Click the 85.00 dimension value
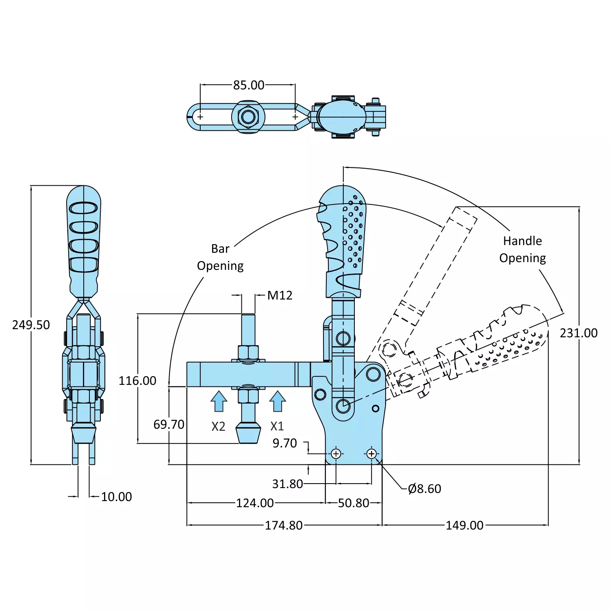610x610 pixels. coord(249,85)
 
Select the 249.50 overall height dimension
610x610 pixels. coord(31,325)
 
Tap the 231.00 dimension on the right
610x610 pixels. coord(579,333)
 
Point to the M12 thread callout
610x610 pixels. coord(280,295)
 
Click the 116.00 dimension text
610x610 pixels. coord(137,381)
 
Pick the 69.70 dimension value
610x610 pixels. coord(169,425)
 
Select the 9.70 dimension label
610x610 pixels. coord(284,443)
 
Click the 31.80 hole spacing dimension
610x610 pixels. coord(287,484)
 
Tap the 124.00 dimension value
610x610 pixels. coord(255,503)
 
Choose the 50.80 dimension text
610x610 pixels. coord(354,503)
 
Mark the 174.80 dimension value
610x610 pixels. coord(284,525)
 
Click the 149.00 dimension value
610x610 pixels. coord(465,525)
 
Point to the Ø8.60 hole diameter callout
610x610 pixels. coord(425,489)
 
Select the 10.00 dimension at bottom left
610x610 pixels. coord(116,497)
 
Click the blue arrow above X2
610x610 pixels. coord(219,401)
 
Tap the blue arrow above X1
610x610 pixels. coord(278,401)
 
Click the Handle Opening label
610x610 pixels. coord(523,250)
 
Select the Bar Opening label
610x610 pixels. coord(220,257)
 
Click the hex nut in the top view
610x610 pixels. coord(248,117)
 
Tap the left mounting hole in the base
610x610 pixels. coord(336,454)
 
